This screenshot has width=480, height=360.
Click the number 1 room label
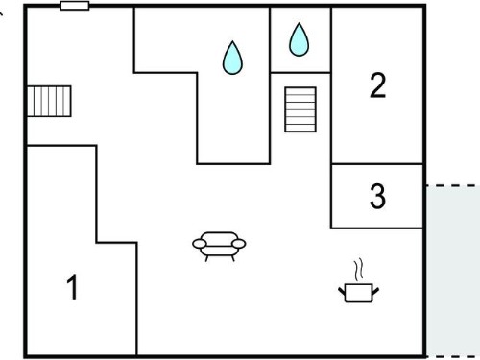[73, 287]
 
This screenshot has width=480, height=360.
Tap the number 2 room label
[377, 85]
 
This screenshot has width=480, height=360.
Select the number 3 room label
[377, 196]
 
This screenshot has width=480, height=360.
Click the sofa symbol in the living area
[219, 247]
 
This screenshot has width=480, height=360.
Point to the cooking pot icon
[359, 292]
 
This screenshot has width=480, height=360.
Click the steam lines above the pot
[359, 270]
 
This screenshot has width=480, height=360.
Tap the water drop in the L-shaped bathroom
[232, 58]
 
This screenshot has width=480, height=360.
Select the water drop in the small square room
[300, 39]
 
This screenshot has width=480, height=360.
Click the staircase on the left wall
[49, 101]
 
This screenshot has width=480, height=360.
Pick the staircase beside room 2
[300, 109]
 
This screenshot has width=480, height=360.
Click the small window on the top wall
[75, 6]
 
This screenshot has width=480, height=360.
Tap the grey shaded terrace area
[453, 271]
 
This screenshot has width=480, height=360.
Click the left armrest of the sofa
[200, 244]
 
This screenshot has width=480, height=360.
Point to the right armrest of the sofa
[239, 244]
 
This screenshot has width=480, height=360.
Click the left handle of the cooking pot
[342, 291]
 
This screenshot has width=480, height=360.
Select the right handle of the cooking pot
[375, 291]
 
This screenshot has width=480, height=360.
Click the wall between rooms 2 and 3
[377, 164]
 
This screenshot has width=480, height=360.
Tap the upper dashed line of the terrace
[453, 185]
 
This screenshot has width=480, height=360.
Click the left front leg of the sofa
[206, 258]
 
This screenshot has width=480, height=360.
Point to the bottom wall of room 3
[377, 228]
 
